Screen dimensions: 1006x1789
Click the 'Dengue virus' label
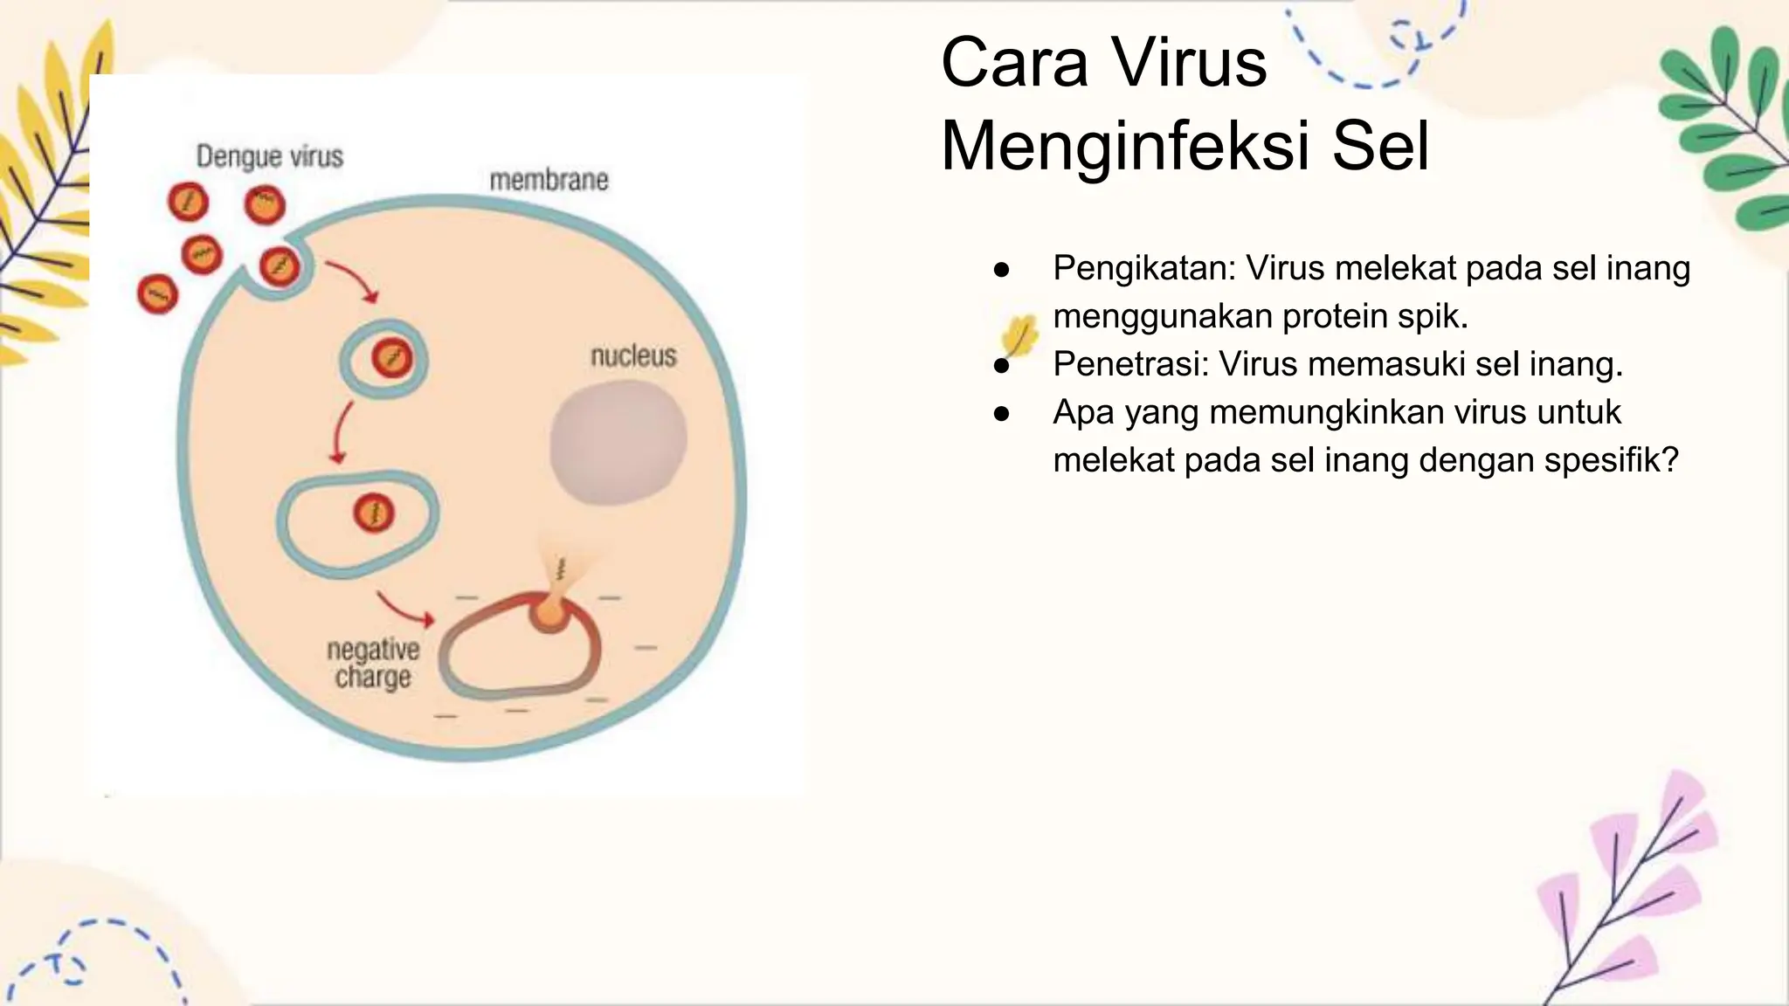[x=269, y=156]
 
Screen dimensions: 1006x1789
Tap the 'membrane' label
[x=549, y=180]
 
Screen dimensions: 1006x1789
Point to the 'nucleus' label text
[x=633, y=356]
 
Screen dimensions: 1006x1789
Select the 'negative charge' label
[x=373, y=664]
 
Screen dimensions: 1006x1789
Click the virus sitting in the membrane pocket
[x=280, y=265]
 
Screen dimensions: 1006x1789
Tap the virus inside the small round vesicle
[x=391, y=358]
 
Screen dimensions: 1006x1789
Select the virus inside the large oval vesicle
[x=374, y=513]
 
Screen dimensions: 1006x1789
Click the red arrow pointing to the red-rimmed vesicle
[x=405, y=610]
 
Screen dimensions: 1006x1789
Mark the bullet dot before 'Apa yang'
[x=1002, y=413]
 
